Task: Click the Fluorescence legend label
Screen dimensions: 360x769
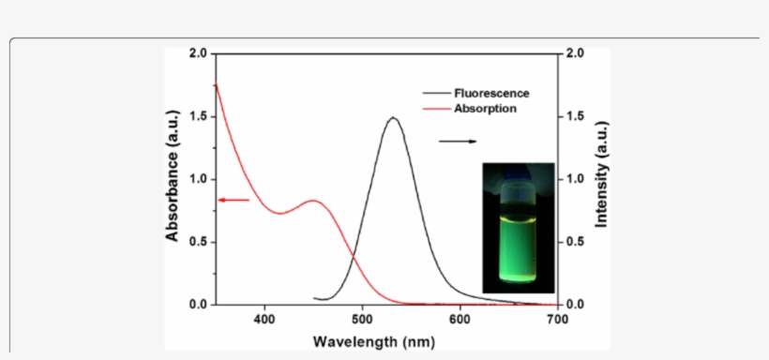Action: coord(491,93)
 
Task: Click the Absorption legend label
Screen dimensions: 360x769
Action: coord(485,109)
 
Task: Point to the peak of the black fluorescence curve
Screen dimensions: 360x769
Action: coord(392,118)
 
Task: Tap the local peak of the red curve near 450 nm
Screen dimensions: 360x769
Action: coord(314,201)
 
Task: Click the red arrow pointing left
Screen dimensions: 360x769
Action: coord(233,200)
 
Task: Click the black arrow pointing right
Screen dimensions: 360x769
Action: coord(458,142)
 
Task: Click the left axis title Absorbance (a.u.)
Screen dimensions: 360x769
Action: coord(173,178)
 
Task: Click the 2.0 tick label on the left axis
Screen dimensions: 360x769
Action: coord(198,53)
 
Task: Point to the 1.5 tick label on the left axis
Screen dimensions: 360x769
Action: coord(198,116)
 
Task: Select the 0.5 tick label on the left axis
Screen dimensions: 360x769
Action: coord(198,242)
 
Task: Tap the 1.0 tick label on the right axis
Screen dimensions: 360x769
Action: coord(575,179)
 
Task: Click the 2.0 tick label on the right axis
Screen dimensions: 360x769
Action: coord(575,53)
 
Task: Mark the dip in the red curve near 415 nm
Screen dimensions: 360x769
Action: coord(280,214)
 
